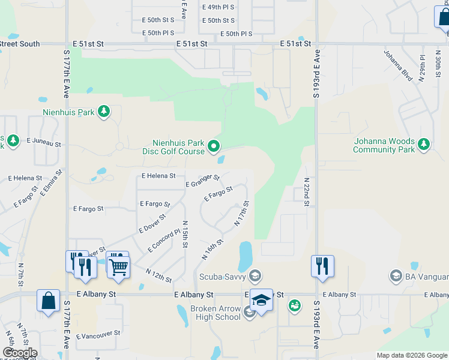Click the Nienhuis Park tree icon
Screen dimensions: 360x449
click(x=104, y=111)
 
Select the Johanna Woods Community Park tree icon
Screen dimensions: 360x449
click(x=424, y=144)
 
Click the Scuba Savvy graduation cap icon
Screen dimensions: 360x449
click(x=255, y=275)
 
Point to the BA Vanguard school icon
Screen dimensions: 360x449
click(x=396, y=275)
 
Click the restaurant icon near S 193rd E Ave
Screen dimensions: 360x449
click(x=322, y=265)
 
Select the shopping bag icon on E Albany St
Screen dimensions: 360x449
click(x=48, y=300)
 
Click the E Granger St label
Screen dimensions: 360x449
click(x=202, y=181)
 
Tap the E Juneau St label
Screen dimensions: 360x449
click(x=44, y=142)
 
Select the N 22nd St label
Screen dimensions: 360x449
click(x=307, y=192)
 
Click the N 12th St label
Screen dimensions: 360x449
click(x=158, y=275)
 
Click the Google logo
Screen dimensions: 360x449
click(x=20, y=353)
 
